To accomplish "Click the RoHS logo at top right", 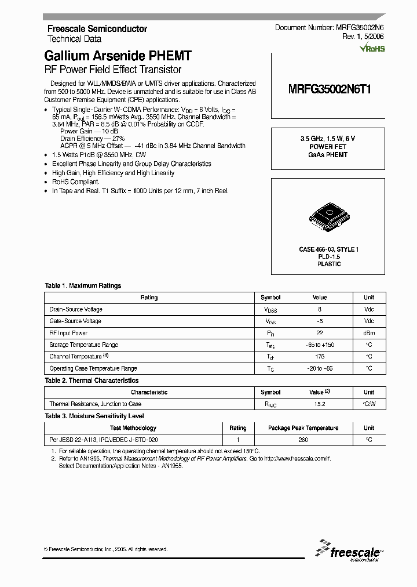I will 372,49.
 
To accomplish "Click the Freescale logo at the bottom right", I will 350,551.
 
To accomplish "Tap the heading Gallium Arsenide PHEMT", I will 118,56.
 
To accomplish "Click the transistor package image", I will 329,215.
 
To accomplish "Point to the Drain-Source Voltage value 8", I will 319,310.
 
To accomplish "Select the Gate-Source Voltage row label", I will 75,321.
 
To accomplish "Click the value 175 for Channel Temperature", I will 319,357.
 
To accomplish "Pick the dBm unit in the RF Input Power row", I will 368,333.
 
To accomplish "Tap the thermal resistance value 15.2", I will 319,404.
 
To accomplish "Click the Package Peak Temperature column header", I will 303,428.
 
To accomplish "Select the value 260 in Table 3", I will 303,440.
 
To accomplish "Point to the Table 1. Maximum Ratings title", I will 83,286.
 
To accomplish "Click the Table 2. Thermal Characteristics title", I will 92,381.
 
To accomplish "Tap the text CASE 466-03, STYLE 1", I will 329,249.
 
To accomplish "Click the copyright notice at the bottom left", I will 105,549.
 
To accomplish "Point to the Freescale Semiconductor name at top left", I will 97,29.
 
